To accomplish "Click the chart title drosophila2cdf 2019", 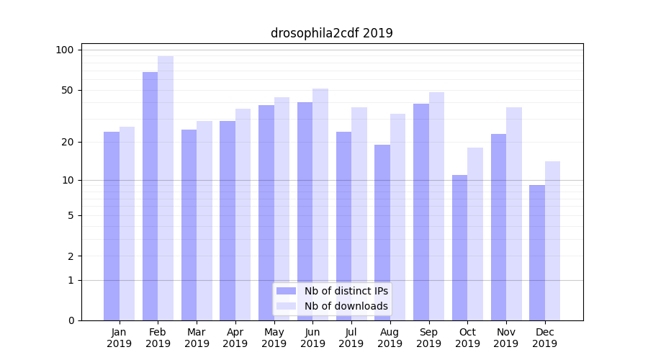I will click(332, 33).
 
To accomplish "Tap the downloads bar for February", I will click(166, 188).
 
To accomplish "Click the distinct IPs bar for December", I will click(537, 253).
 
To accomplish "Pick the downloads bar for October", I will click(475, 234).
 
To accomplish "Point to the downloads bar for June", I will click(320, 204).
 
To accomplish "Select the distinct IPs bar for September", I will click(421, 212).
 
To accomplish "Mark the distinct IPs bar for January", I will click(112, 226).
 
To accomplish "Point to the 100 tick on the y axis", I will click(65, 50).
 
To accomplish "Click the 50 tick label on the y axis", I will click(68, 90).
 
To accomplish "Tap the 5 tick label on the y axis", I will click(71, 215).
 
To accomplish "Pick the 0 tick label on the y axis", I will click(71, 320).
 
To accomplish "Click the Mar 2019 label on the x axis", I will click(197, 338).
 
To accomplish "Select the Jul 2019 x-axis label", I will click(351, 338).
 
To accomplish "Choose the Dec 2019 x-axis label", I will click(544, 338).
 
